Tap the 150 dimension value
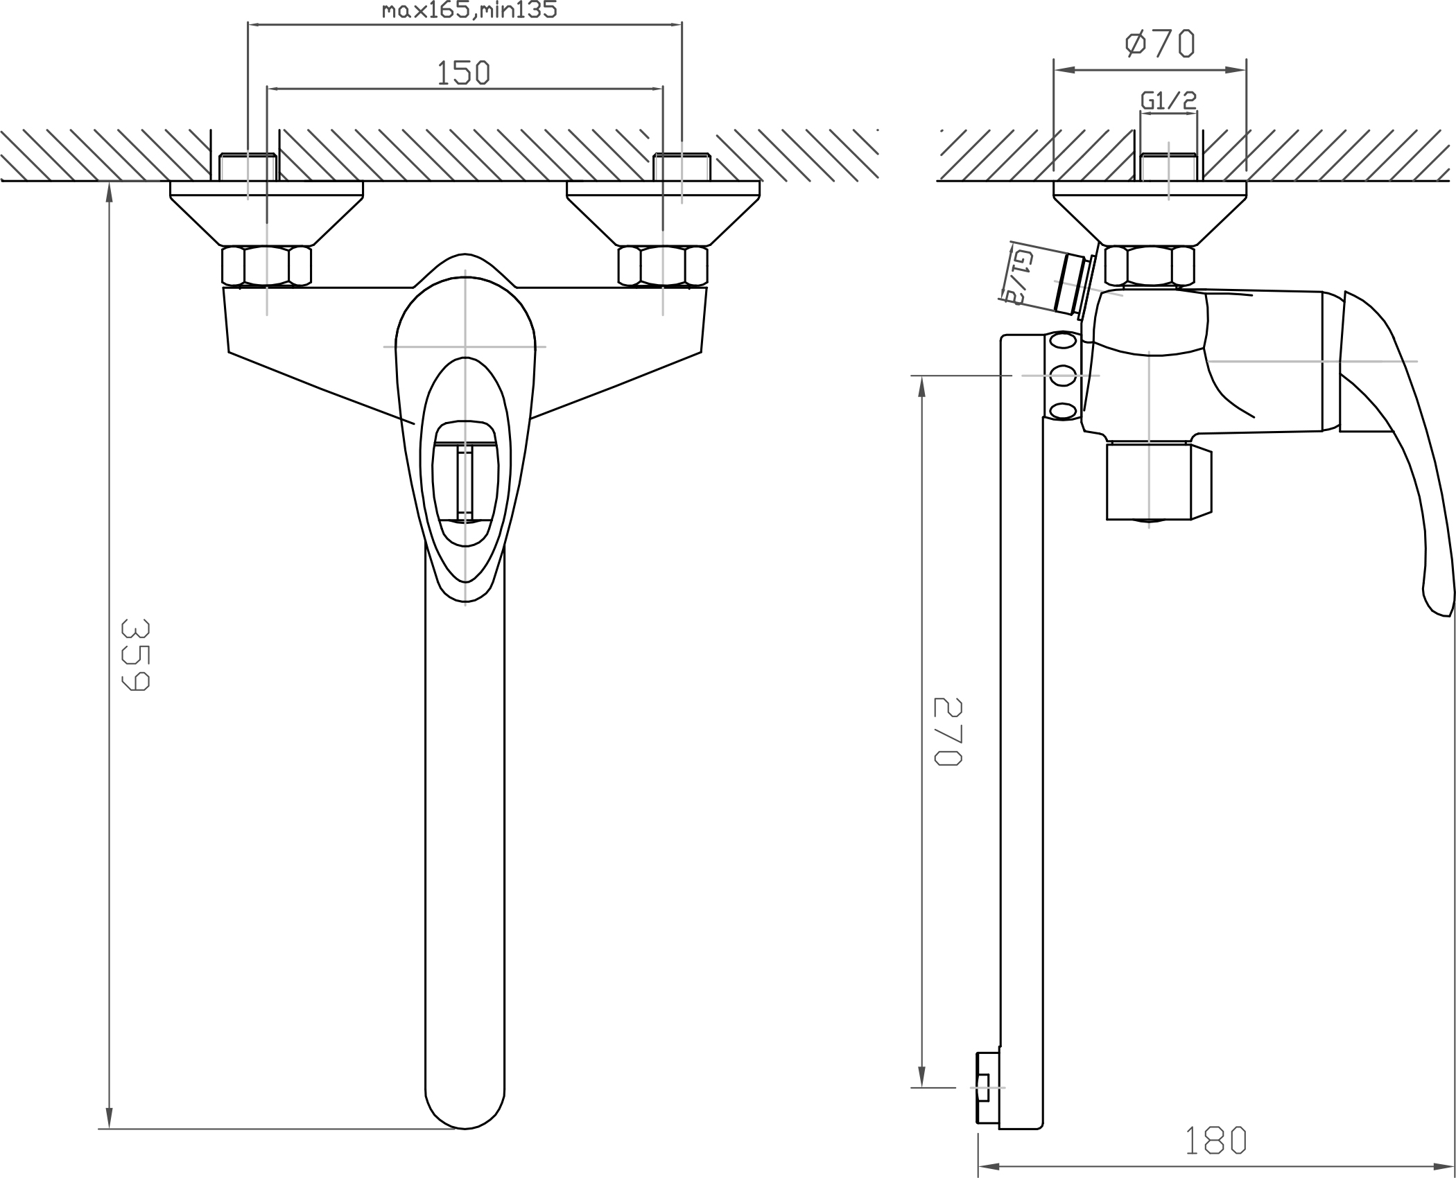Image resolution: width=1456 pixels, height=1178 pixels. pyautogui.click(x=463, y=73)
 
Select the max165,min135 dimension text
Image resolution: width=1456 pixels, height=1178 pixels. pyautogui.click(x=470, y=10)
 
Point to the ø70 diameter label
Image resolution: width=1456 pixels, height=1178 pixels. pyautogui.click(x=1160, y=43)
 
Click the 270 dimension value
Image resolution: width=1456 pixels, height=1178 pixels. pyautogui.click(x=948, y=732)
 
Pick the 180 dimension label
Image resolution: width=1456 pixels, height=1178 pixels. pyautogui.click(x=1215, y=1141)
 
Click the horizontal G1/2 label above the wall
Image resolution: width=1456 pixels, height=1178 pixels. pyautogui.click(x=1169, y=101)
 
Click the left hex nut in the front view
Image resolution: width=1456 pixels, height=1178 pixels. pyautogui.click(x=267, y=266)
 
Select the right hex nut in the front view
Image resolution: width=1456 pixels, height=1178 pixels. pyautogui.click(x=663, y=266)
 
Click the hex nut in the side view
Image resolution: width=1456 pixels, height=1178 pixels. pyautogui.click(x=1150, y=266)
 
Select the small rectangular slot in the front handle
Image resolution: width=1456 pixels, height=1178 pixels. pyautogui.click(x=465, y=484)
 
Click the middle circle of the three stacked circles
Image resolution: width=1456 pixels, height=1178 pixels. pyautogui.click(x=1063, y=376)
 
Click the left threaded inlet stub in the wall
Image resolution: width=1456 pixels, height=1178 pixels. pyautogui.click(x=248, y=167)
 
